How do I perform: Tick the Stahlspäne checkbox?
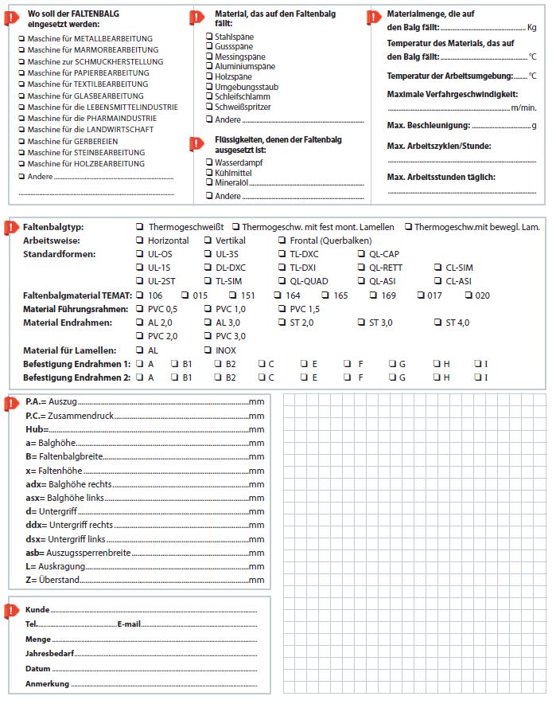tap(209, 36)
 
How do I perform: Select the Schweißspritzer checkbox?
tap(209, 107)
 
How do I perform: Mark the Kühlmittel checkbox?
tap(209, 172)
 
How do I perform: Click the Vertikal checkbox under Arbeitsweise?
tap(208, 241)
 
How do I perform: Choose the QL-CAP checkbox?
tap(362, 254)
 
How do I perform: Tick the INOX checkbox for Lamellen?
tap(208, 350)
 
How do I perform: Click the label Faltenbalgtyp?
tap(53, 227)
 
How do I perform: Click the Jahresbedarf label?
tap(50, 654)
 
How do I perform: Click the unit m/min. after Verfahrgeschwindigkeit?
tap(524, 108)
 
